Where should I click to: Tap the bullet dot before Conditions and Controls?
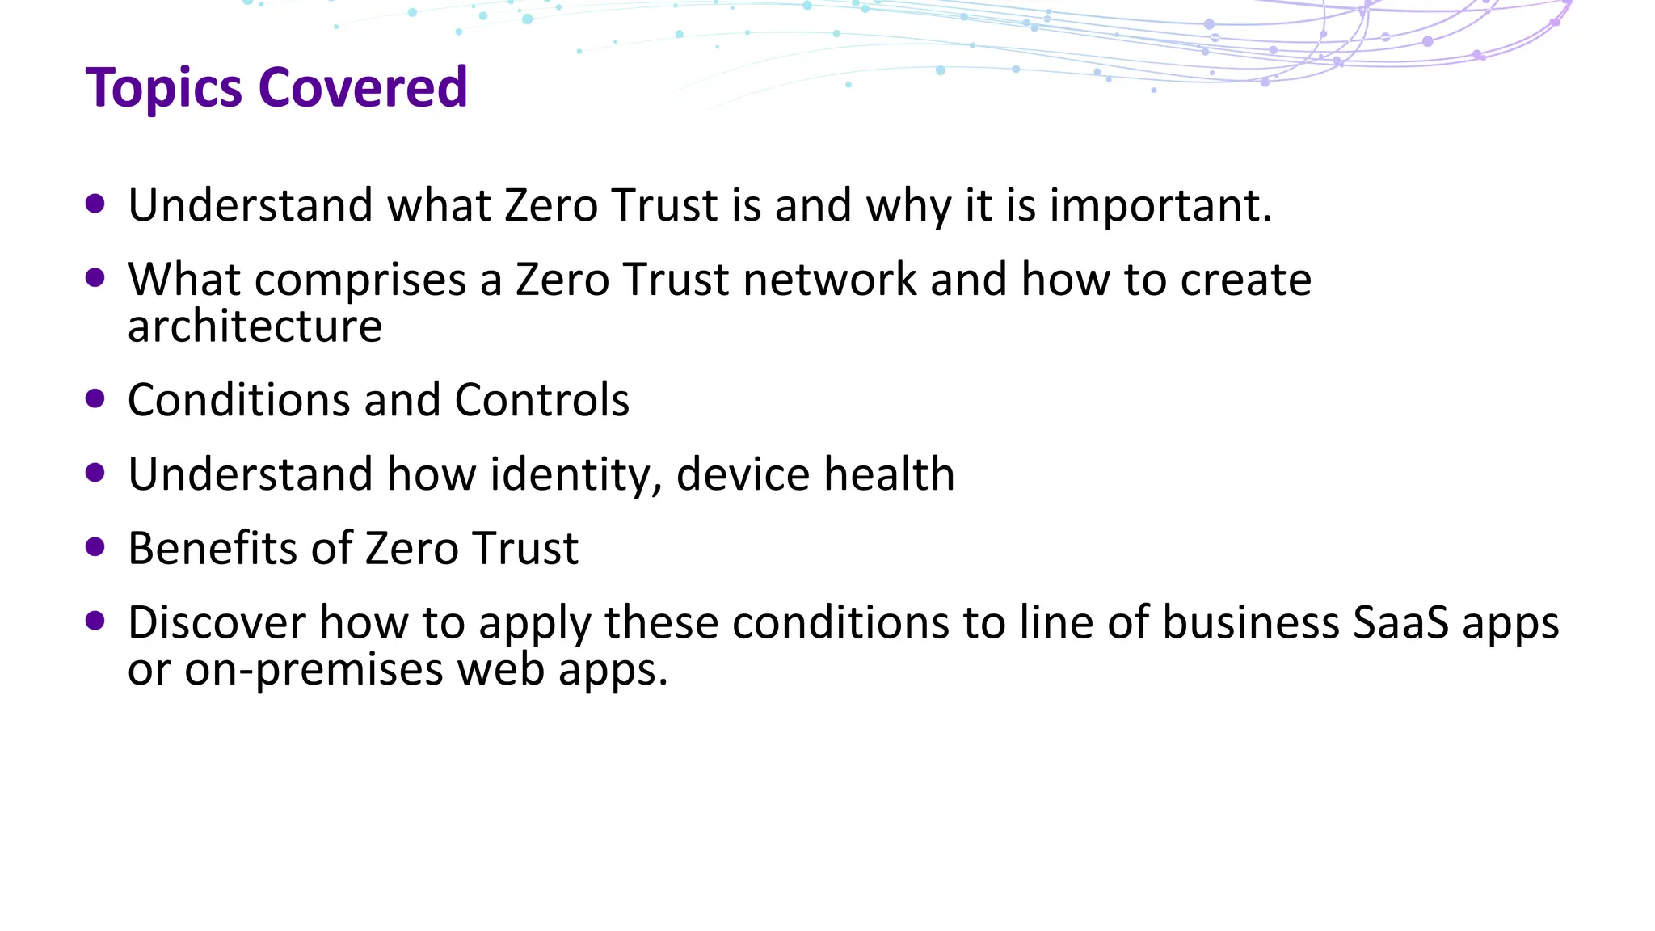95,398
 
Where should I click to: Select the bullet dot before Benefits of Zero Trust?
95,547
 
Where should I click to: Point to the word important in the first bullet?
1160,205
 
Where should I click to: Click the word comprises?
360,280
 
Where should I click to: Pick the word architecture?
255,326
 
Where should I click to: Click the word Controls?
541,400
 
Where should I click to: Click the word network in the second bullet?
830,280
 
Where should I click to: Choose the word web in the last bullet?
501,670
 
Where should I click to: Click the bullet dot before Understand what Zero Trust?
95,204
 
